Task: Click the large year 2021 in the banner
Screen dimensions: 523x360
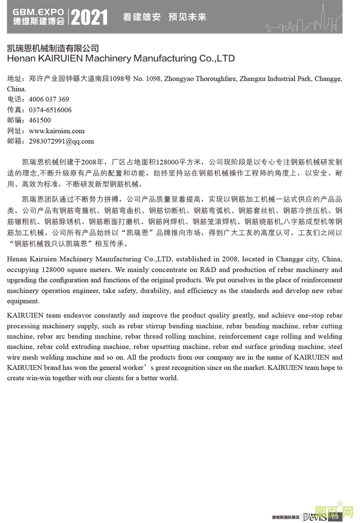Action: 89,17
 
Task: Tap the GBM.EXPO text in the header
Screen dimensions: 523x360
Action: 38,12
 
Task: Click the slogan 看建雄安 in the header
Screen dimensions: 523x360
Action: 141,17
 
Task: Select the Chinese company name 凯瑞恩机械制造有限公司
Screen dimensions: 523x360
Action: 53,48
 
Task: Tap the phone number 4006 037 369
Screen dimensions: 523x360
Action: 49,99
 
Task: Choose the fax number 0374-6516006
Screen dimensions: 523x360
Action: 50,110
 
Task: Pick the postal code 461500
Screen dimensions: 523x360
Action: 40,120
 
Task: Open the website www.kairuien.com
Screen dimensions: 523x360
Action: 57,131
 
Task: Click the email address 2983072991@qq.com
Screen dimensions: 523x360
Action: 61,141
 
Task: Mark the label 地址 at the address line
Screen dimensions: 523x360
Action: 14,79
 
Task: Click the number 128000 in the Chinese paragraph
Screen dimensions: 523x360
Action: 168,162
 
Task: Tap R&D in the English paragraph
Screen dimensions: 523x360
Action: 208,270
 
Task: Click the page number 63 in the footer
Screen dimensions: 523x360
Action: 335,517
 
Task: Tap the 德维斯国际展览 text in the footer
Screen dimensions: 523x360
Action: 285,517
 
